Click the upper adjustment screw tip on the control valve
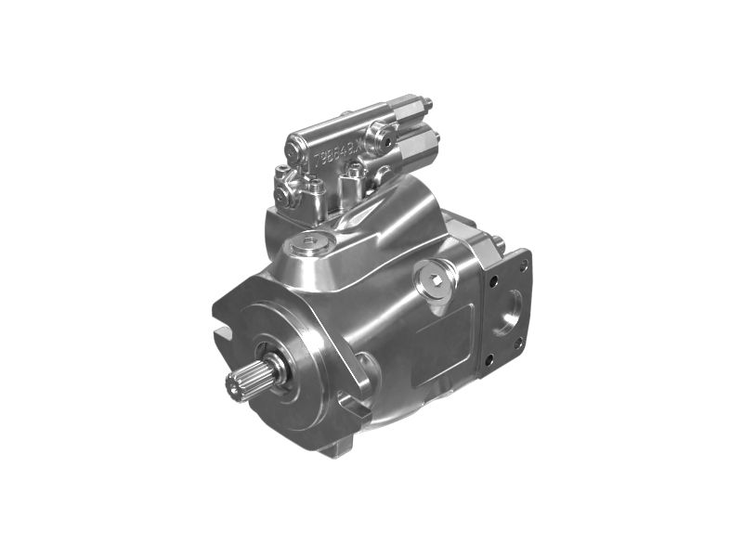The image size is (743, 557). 427,106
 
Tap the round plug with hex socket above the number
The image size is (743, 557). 378,139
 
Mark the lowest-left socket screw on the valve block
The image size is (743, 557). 282,195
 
